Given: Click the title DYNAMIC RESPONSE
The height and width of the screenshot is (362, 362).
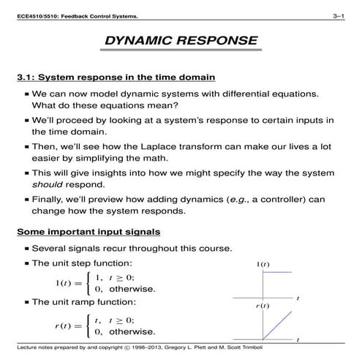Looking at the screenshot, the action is pos(181,41).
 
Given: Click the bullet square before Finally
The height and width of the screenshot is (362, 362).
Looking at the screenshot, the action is pos(26,198).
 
